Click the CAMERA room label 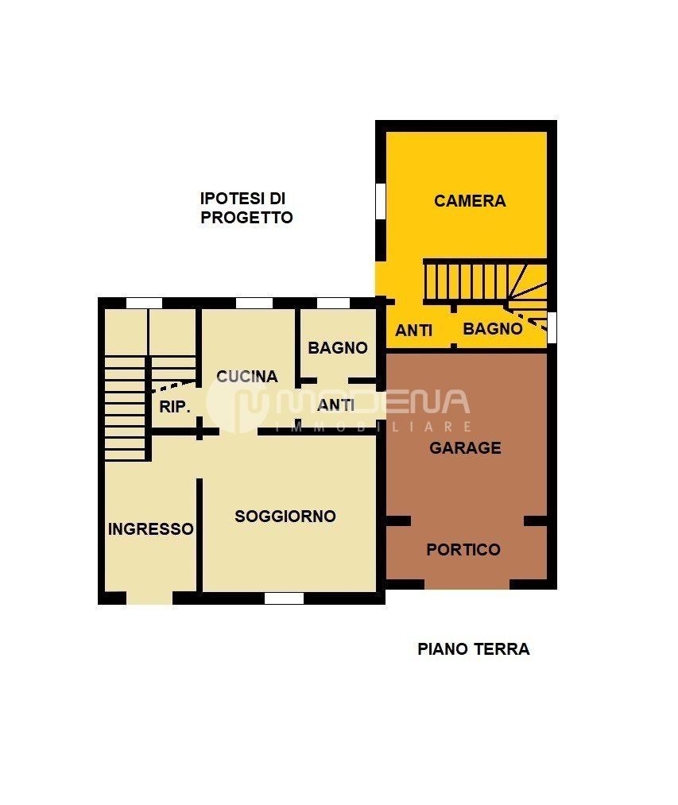click(470, 201)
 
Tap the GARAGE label click(465, 448)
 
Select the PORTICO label click(463, 550)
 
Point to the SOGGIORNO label click(285, 516)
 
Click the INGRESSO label click(150, 528)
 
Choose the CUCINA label click(247, 377)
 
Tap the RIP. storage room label click(175, 407)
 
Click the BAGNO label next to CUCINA click(338, 348)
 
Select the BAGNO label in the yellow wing click(493, 328)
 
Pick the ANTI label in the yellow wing click(413, 331)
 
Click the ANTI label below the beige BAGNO click(336, 405)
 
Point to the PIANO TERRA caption click(474, 649)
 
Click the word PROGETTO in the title click(246, 218)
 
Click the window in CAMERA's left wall click(381, 201)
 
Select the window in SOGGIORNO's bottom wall click(284, 598)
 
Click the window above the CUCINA click(254, 303)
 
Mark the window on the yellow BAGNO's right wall click(552, 327)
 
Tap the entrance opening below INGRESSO click(149, 598)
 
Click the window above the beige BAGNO click(333, 303)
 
